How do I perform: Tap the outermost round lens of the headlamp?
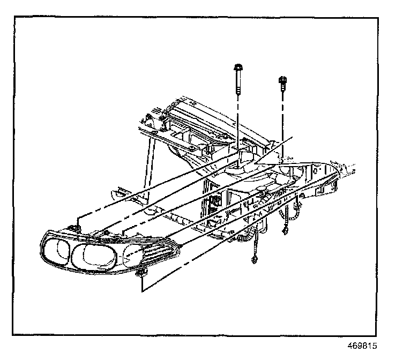[55, 250]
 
